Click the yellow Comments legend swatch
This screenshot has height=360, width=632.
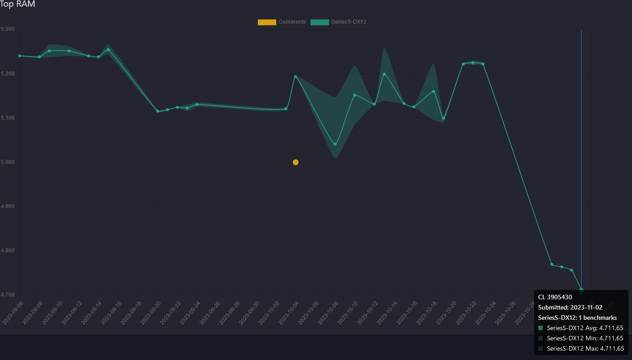coord(267,22)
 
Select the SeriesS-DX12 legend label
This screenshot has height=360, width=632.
coord(349,22)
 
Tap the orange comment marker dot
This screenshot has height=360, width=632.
coord(295,162)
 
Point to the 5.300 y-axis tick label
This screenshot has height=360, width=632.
coord(8,29)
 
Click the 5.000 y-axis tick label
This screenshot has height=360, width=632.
coord(8,162)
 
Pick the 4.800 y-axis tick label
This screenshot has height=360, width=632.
coord(8,251)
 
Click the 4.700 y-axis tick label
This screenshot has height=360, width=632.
coord(8,295)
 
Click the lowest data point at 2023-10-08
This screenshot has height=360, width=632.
coord(335,144)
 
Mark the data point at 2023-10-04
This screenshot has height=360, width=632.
coord(295,76)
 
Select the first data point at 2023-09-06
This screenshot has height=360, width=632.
coord(20,56)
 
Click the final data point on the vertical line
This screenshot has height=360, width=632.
coord(581,289)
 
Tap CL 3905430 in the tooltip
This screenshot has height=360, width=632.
coord(555,297)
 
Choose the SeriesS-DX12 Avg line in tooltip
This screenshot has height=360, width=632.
coord(585,328)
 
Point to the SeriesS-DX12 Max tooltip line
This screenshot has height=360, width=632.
coord(585,348)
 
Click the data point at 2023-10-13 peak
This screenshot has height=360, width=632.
coord(384,74)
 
